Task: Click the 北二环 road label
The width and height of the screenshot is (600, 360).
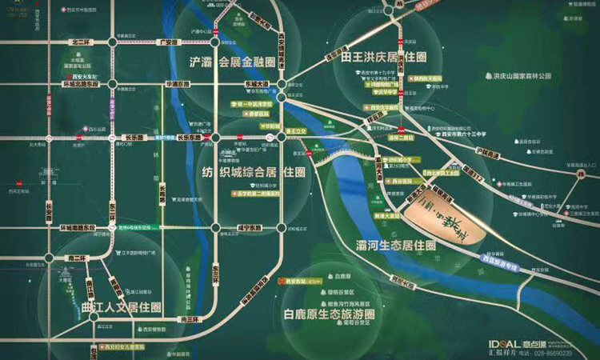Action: [x=82, y=42]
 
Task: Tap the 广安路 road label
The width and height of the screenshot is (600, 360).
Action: [x=166, y=42]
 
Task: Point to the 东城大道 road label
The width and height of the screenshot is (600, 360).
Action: [x=258, y=82]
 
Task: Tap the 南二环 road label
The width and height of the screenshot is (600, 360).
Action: [x=77, y=258]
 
